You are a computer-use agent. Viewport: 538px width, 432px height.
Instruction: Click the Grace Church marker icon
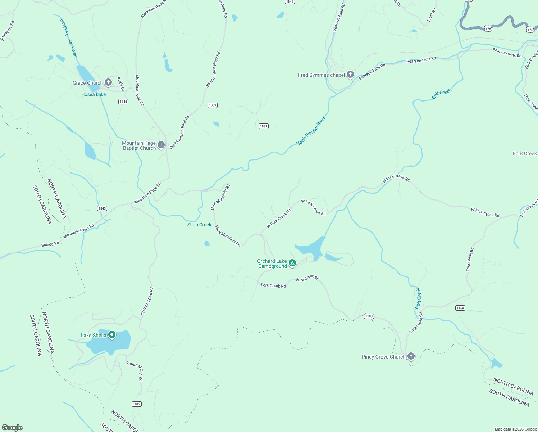pyautogui.click(x=108, y=82)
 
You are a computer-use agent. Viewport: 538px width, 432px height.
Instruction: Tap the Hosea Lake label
pyautogui.click(x=94, y=94)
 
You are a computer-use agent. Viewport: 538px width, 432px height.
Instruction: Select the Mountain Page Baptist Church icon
pyautogui.click(x=161, y=145)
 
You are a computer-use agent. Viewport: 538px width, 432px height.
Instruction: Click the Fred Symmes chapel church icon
pyautogui.click(x=350, y=75)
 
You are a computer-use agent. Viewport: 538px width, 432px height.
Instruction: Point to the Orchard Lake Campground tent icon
pyautogui.click(x=293, y=263)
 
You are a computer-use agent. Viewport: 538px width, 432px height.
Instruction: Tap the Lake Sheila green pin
pyautogui.click(x=112, y=335)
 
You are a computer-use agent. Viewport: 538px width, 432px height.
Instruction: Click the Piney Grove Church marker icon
pyautogui.click(x=411, y=356)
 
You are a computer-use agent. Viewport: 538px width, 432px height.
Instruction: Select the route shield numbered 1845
pyautogui.click(x=123, y=102)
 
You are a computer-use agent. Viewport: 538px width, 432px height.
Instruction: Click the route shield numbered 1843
pyautogui.click(x=102, y=208)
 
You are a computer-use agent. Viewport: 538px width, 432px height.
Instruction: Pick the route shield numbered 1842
pyautogui.click(x=137, y=404)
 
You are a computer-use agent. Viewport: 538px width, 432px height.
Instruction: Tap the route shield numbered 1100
pyautogui.click(x=369, y=316)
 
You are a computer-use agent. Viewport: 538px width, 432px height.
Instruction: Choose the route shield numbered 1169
pyautogui.click(x=460, y=308)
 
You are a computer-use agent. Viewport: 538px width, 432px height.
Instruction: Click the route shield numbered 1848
pyautogui.click(x=290, y=2)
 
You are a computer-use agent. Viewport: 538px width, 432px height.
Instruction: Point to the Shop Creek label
pyautogui.click(x=199, y=225)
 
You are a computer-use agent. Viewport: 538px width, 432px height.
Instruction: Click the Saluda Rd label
pyautogui.click(x=50, y=244)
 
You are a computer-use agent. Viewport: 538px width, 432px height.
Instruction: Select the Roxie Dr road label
pyautogui.click(x=120, y=84)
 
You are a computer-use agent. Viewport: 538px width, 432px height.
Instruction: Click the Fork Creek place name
pyautogui.click(x=525, y=153)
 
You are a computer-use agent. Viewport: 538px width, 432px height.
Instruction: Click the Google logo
pyautogui.click(x=12, y=427)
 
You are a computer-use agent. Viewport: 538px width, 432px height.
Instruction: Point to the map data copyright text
pyautogui.click(x=516, y=429)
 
